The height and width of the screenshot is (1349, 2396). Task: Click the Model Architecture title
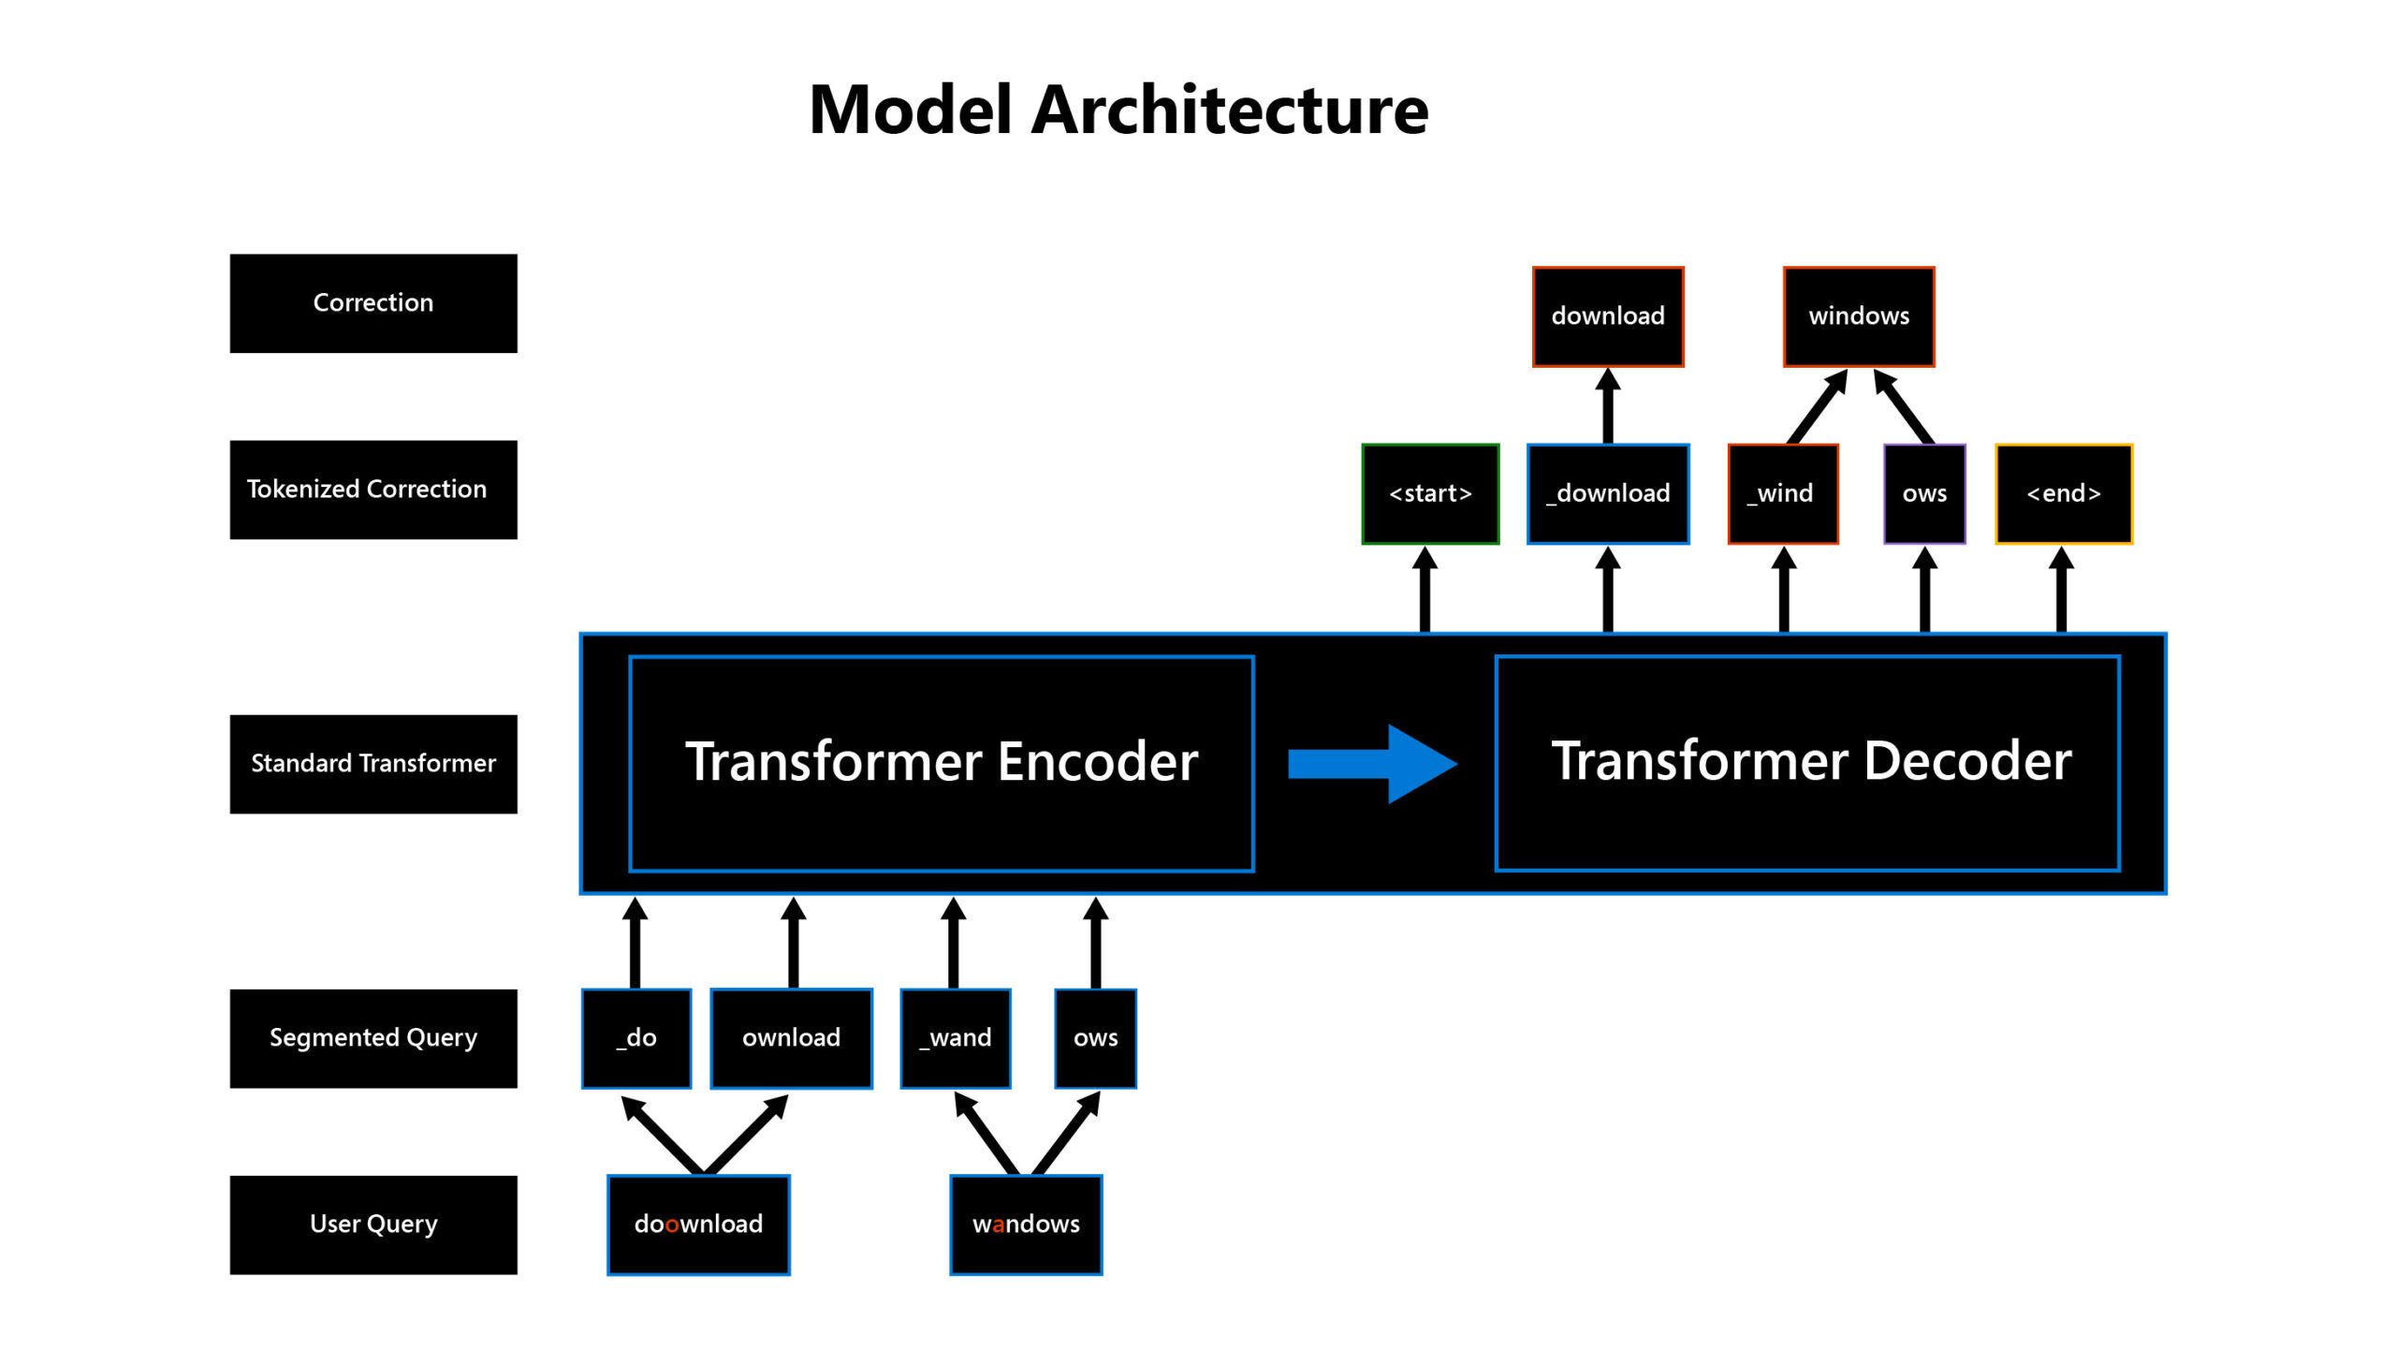1118,110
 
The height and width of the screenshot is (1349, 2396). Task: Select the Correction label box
373,303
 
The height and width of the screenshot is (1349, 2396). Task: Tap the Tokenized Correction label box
373,490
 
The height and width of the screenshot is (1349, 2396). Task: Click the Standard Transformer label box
373,764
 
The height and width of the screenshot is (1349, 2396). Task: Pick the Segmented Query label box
373,1038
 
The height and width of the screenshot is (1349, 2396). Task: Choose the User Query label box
373,1224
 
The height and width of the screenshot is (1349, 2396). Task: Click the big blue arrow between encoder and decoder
1371,764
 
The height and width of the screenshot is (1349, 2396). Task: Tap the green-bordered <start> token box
1430,494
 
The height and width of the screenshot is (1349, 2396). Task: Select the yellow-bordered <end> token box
2063,494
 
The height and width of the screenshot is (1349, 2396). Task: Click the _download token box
1608,494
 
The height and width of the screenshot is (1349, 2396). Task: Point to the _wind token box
1783,494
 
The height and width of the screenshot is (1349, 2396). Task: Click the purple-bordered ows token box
1924,494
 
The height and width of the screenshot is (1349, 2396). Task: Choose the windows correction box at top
1859,316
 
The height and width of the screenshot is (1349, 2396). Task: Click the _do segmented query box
636,1038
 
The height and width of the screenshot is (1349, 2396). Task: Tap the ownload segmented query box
791,1038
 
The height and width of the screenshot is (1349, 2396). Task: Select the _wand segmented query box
956,1038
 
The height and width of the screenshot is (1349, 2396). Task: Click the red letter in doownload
672,1225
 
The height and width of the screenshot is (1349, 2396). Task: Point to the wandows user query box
1026,1224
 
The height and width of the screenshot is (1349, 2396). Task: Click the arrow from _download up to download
1608,406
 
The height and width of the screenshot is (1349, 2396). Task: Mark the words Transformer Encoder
942,762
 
